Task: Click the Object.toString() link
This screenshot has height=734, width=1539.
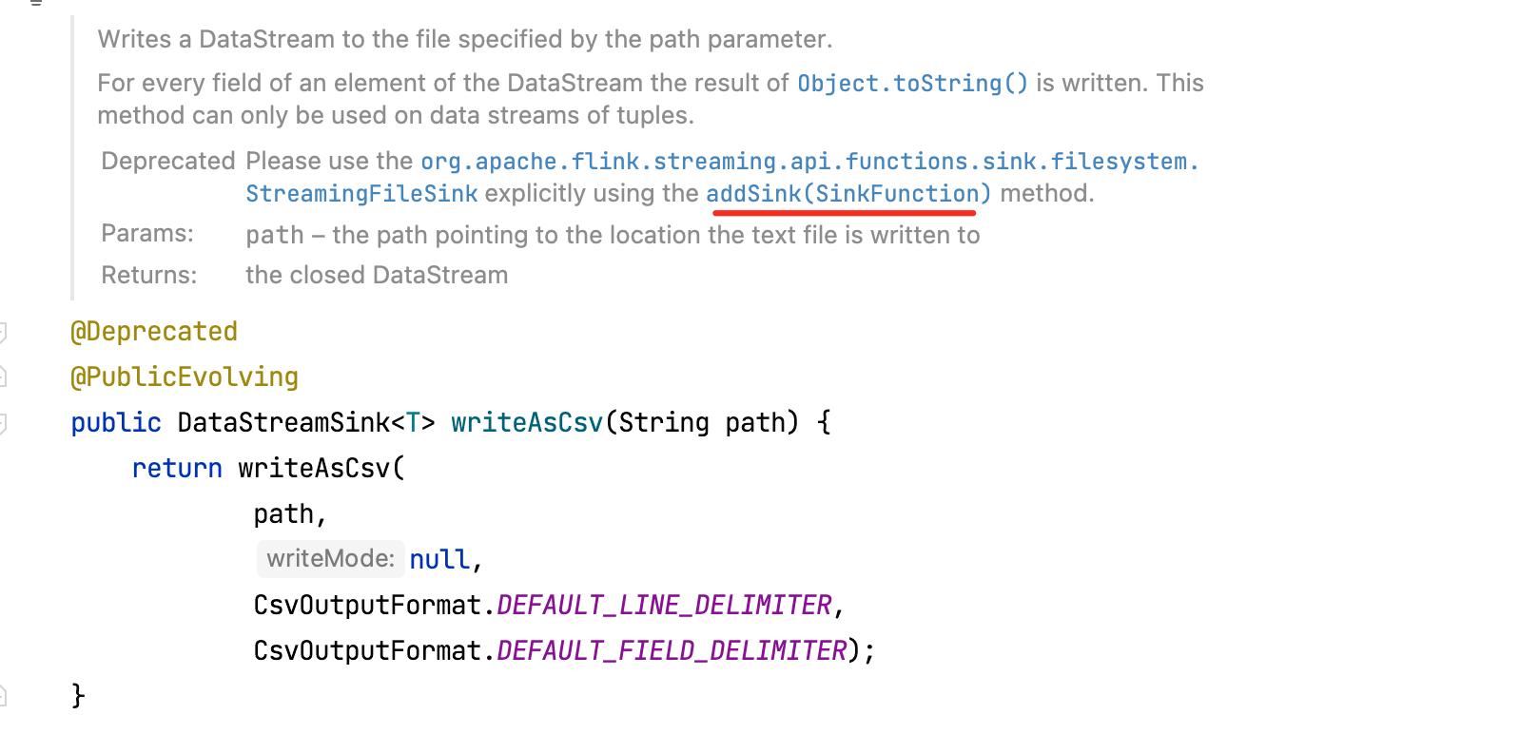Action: click(912, 84)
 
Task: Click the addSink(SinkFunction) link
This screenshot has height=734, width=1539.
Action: click(847, 194)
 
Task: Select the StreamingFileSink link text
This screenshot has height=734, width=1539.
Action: click(361, 194)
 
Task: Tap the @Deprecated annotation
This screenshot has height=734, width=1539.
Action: click(154, 332)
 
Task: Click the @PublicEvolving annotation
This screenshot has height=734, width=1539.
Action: click(185, 377)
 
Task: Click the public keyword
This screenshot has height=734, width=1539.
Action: click(116, 423)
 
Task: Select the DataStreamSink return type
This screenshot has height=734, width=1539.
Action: click(283, 423)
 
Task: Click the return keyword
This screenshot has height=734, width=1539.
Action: click(177, 469)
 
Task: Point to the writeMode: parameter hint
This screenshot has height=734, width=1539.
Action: click(330, 559)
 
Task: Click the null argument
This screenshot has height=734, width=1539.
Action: click(439, 560)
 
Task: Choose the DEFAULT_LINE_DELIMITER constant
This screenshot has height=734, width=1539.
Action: click(664, 606)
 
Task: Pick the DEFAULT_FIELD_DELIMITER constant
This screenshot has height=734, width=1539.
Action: click(672, 651)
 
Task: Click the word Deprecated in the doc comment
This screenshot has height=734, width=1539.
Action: click(167, 162)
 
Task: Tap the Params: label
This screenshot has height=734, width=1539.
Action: click(147, 234)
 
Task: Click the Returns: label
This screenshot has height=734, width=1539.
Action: click(149, 276)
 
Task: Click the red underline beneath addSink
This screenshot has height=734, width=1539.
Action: click(844, 213)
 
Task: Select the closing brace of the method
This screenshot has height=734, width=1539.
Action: click(78, 696)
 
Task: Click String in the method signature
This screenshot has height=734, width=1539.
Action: click(664, 423)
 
